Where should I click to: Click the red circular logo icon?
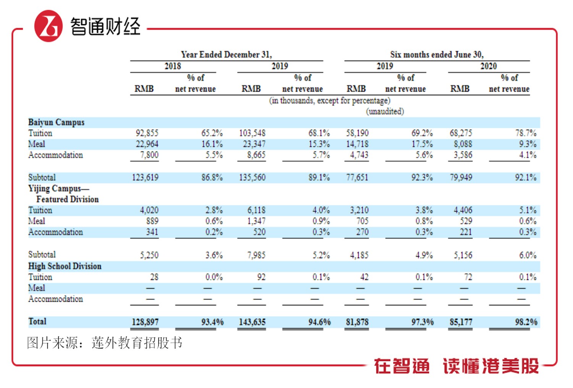click(49, 26)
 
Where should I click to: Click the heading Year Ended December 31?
click(226, 55)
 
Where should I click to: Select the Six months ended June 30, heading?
click(437, 55)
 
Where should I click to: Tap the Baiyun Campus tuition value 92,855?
click(147, 133)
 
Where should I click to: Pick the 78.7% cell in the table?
click(526, 133)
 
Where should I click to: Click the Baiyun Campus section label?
click(56, 122)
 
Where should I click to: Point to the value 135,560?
click(252, 177)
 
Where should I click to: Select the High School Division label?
click(65, 266)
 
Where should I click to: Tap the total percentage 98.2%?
click(526, 322)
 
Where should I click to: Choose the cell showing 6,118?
click(256, 210)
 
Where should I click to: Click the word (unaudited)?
click(385, 111)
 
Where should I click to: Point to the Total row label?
click(37, 322)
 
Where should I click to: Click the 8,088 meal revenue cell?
click(463, 144)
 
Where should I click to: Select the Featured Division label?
click(67, 199)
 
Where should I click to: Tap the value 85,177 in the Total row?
click(461, 322)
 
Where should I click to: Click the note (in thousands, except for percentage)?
click(330, 101)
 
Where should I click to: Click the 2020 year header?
click(488, 66)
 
